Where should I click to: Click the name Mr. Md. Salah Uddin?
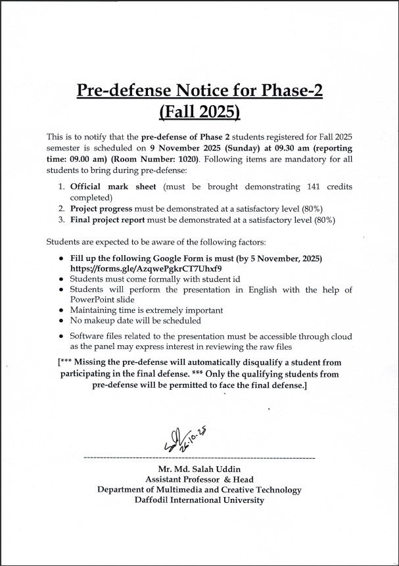(x=200, y=469)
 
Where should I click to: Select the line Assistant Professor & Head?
(x=200, y=479)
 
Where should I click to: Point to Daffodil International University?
(x=200, y=500)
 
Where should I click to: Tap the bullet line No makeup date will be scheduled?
(x=135, y=321)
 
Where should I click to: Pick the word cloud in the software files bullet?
(x=341, y=336)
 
